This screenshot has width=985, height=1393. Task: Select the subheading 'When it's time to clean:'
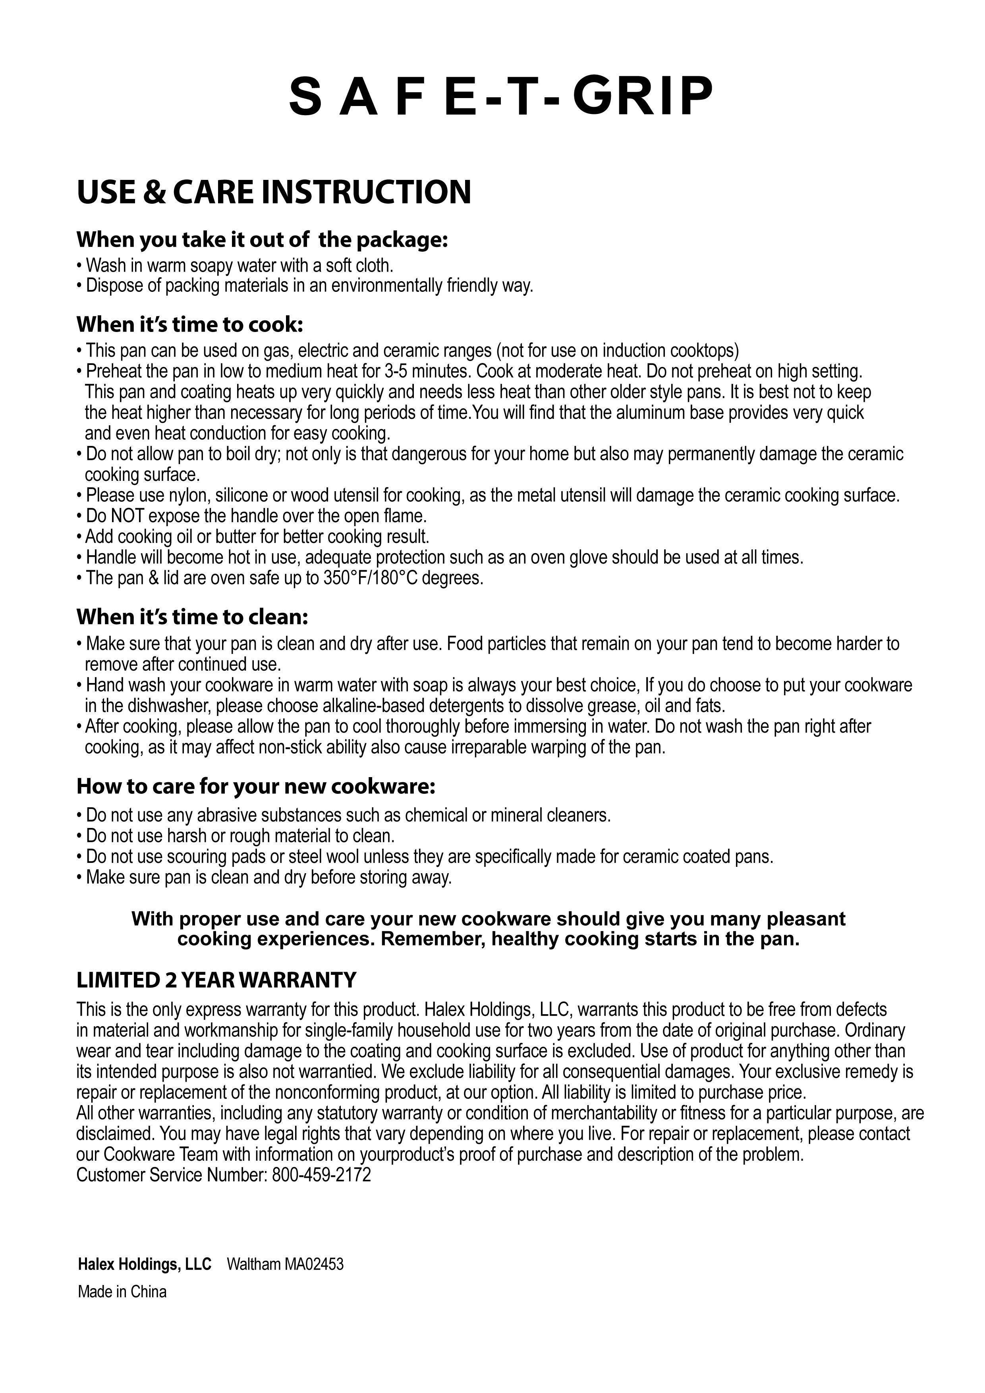(192, 617)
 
